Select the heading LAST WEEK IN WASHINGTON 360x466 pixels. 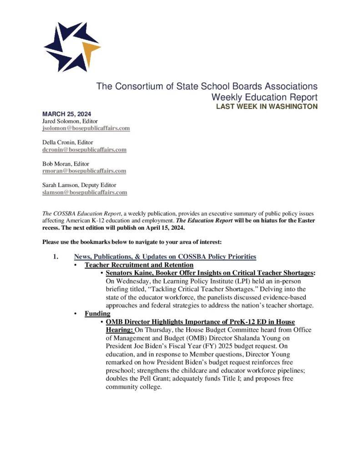click(267, 106)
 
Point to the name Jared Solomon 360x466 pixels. click(61, 122)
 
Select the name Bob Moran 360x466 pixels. click(57, 164)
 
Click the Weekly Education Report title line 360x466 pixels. click(264, 97)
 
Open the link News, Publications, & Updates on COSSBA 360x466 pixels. click(165, 257)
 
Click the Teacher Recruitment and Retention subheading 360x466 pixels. click(139, 265)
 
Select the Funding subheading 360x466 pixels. click(97, 314)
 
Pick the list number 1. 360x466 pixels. click(56, 257)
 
